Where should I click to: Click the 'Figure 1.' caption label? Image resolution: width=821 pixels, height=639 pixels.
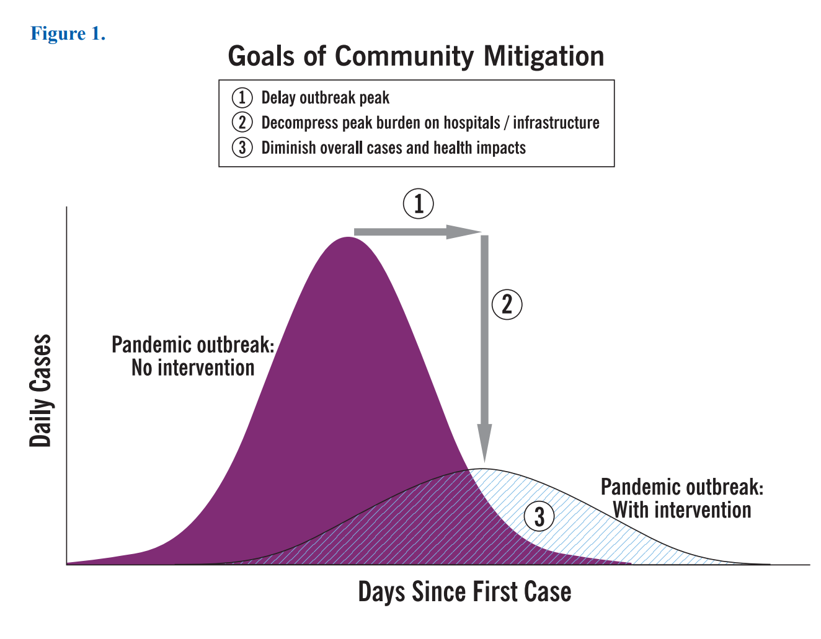[68, 33]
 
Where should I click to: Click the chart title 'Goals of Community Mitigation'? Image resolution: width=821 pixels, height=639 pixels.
[415, 56]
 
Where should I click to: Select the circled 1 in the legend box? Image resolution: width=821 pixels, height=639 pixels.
[242, 98]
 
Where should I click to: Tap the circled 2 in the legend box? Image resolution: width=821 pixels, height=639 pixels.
[242, 123]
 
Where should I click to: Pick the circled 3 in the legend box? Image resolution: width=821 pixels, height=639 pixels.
[242, 148]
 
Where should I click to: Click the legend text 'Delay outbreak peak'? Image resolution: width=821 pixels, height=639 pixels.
[325, 98]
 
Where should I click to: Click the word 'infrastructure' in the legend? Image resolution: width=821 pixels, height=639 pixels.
[556, 123]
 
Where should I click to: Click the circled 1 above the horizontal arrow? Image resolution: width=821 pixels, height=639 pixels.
[419, 204]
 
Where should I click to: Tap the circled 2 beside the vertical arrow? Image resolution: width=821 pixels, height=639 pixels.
[507, 304]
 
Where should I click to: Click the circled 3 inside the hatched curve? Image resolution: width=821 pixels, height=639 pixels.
[539, 516]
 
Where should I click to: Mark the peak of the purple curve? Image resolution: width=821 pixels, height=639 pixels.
[348, 238]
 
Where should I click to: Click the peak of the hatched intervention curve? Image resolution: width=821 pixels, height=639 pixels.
[484, 469]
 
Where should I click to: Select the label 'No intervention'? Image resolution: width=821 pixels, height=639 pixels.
[193, 368]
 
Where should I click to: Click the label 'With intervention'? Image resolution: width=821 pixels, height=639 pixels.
[682, 510]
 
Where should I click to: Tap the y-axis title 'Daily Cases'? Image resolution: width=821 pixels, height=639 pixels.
[41, 390]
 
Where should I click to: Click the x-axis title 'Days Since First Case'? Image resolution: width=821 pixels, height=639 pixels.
[464, 592]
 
